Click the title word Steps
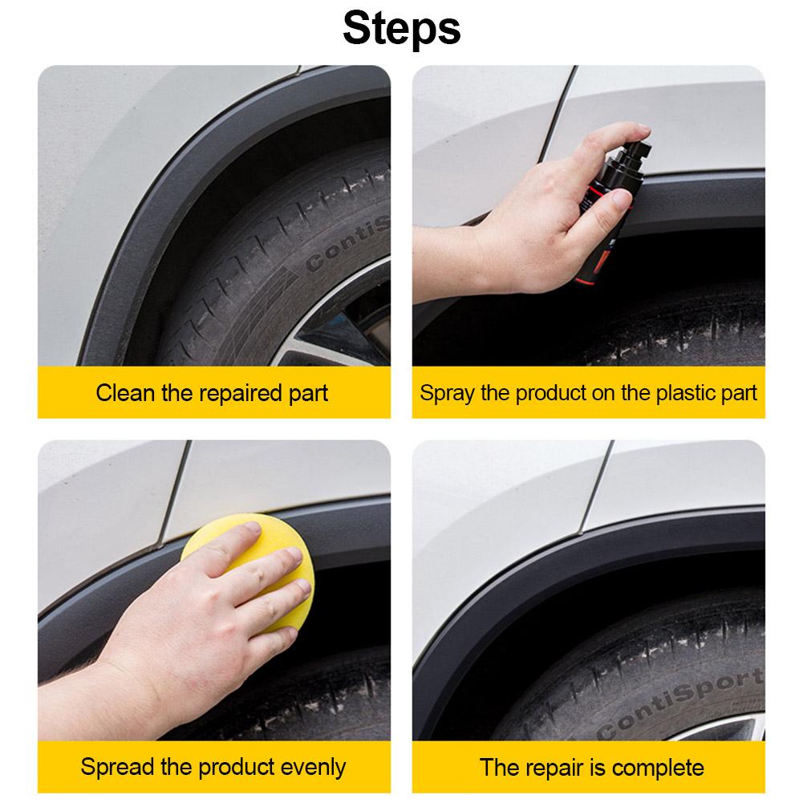click(401, 29)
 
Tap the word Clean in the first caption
click(125, 393)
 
